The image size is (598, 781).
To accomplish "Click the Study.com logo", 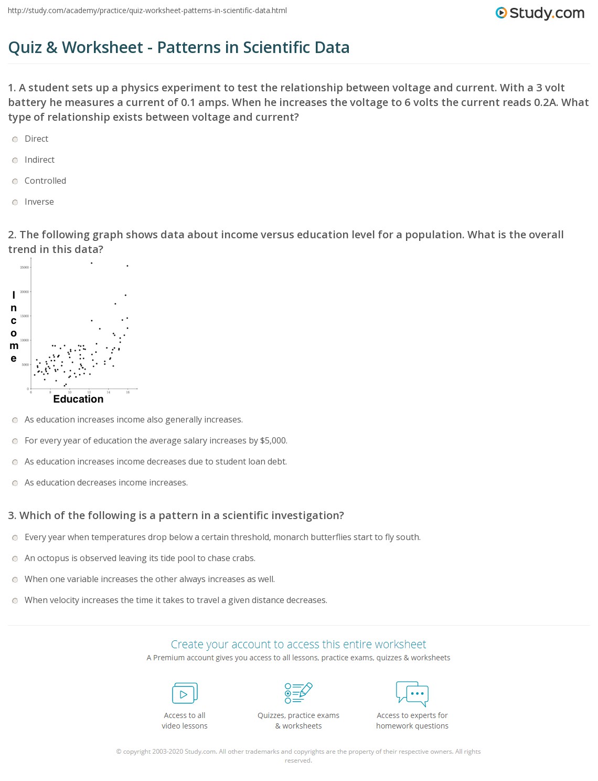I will [540, 13].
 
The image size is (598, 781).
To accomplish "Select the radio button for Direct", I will [15, 139].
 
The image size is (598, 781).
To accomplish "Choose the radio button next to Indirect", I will [15, 160].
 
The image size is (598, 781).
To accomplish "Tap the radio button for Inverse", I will [15, 202].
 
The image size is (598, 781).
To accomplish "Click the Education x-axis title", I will [78, 399].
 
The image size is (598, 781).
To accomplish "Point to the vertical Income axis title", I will [14, 326].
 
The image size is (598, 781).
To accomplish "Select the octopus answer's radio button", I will [15, 558].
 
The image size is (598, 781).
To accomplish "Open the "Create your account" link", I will [298, 644].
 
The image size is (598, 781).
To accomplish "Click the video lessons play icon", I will [185, 693].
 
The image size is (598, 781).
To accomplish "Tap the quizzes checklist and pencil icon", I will [298, 693].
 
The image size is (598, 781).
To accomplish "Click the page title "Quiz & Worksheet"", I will [179, 47].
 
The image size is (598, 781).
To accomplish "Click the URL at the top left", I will [147, 10].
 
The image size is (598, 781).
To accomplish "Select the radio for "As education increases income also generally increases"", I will [15, 420].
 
